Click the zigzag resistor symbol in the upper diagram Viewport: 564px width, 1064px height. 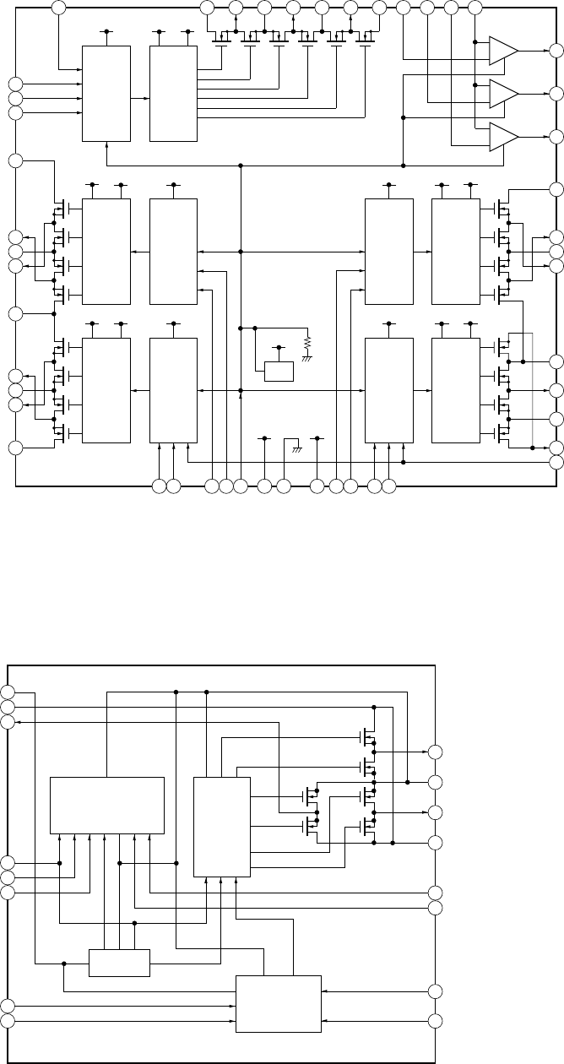(x=308, y=343)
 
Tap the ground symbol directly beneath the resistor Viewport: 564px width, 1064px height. (x=308, y=357)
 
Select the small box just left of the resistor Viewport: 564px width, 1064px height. (x=279, y=372)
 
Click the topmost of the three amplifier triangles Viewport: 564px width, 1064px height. (x=503, y=50)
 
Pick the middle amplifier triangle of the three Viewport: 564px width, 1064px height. (x=503, y=93)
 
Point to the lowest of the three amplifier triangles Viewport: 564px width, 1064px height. (x=503, y=136)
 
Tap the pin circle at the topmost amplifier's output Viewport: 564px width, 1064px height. (x=556, y=50)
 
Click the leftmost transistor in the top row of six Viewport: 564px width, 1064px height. (x=220, y=38)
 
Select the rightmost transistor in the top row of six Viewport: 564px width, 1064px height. (x=365, y=38)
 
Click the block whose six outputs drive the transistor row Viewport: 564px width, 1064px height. (x=173, y=94)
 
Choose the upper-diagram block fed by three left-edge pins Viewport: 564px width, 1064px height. (x=106, y=94)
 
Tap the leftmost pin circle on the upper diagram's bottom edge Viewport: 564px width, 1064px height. (x=159, y=486)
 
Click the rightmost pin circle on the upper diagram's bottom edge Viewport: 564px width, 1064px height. (x=388, y=486)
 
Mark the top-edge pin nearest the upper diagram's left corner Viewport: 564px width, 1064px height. (x=58, y=8)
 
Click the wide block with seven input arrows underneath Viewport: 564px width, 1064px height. (x=107, y=805)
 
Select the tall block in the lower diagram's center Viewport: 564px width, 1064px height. (x=222, y=827)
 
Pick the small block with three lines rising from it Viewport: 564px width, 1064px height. (x=119, y=962)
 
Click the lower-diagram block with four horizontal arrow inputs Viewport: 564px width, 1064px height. (x=278, y=1003)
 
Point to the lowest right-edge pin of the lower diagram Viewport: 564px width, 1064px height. (x=436, y=1021)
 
